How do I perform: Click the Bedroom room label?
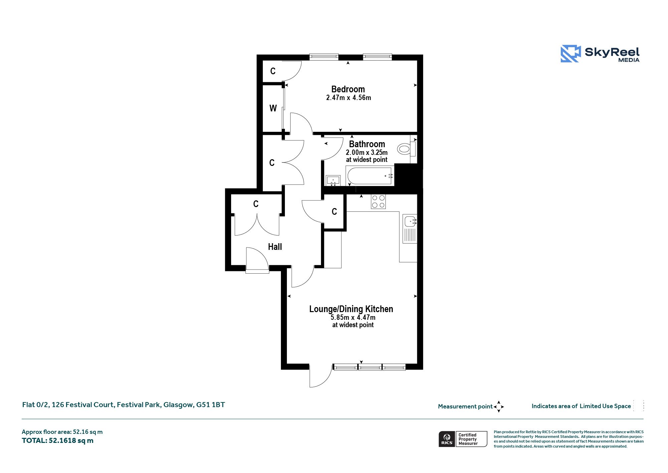point(348,89)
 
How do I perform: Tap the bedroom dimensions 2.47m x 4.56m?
point(348,98)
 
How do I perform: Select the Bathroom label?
point(367,144)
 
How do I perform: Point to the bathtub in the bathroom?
point(370,176)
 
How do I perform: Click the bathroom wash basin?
point(333,181)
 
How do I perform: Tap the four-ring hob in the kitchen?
point(378,201)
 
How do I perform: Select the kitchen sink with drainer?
point(410,228)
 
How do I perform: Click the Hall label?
point(275,247)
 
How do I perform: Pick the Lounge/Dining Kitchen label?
point(351,309)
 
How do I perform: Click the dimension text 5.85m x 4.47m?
point(353,317)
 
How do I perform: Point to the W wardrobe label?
point(273,108)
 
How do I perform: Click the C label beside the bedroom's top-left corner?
point(273,71)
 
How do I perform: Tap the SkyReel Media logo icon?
point(570,54)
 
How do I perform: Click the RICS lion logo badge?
point(447,439)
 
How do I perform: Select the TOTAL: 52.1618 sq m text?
point(57,441)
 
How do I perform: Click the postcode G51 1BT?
point(210,405)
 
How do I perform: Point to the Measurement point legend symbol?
point(499,406)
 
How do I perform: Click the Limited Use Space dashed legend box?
point(638,406)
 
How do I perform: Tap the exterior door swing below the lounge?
point(321,376)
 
